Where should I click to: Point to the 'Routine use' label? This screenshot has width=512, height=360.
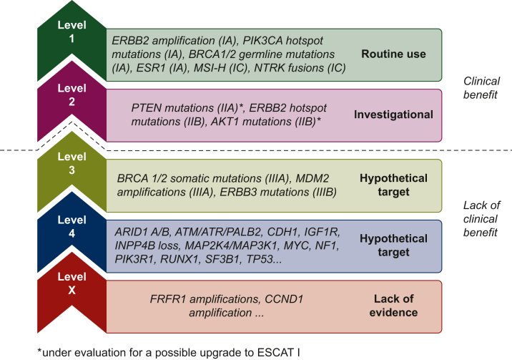393,54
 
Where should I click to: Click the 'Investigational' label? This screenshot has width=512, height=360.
393,115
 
